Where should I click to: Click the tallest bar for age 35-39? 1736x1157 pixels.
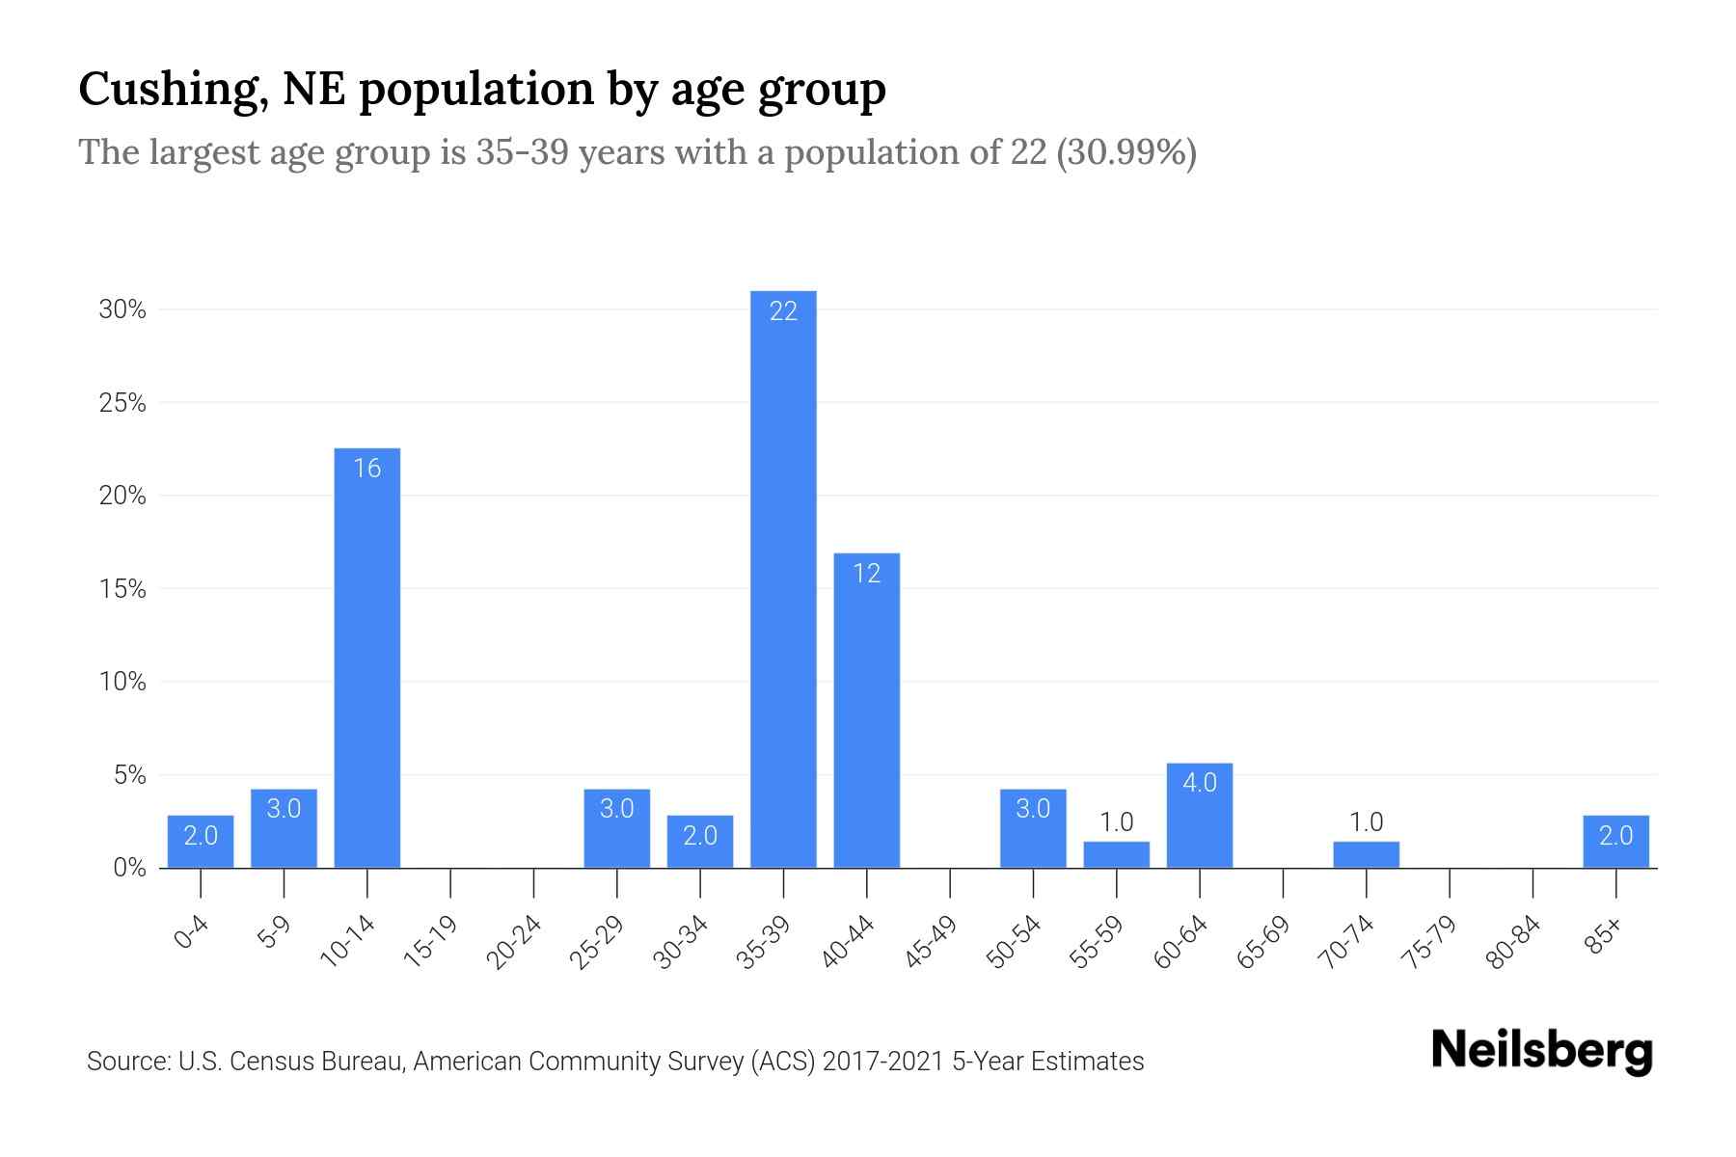(x=783, y=578)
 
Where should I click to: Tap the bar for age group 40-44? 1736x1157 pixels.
(x=866, y=713)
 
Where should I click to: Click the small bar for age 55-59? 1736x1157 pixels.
(x=1116, y=855)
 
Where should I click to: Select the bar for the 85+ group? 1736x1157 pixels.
(x=1615, y=842)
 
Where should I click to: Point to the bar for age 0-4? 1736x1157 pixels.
(x=200, y=842)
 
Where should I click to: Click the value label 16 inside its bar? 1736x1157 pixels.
(x=366, y=469)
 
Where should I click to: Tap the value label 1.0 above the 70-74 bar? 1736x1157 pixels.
(x=1366, y=822)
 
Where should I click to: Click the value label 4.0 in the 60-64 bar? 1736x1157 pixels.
(x=1199, y=783)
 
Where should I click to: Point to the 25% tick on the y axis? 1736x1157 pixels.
(x=122, y=403)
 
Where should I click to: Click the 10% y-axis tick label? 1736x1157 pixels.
(x=122, y=683)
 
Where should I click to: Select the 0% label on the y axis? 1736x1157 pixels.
(x=129, y=869)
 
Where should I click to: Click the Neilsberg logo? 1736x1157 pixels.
(x=1541, y=1052)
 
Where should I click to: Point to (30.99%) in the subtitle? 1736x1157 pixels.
(x=1126, y=152)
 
